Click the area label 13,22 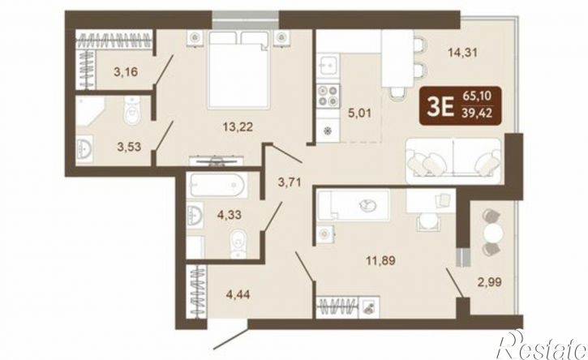click(238, 126)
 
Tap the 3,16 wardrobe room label click(126, 71)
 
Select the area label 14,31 click(463, 53)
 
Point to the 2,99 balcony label click(489, 281)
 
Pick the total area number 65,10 click(477, 96)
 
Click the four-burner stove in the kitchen click(328, 95)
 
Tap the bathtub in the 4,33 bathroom click(217, 185)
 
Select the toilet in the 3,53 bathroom click(131, 109)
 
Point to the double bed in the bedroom click(239, 70)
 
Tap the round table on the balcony click(493, 234)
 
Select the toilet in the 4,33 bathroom click(238, 243)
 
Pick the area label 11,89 click(380, 260)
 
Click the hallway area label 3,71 click(290, 182)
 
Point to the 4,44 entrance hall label click(238, 294)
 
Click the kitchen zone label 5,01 click(359, 113)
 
